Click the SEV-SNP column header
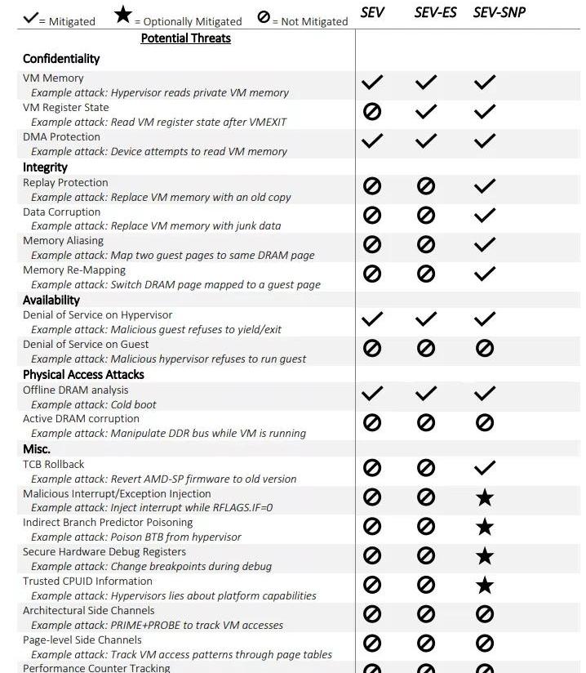pyautogui.click(x=499, y=12)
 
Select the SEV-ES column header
pyautogui.click(x=435, y=12)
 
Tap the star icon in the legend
pyautogui.click(x=123, y=15)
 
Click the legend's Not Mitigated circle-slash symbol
pyautogui.click(x=263, y=16)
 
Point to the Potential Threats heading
pyautogui.click(x=185, y=38)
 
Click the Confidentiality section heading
pyautogui.click(x=61, y=59)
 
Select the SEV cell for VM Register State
pyautogui.click(x=371, y=112)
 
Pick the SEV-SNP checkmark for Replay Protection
pyautogui.click(x=485, y=186)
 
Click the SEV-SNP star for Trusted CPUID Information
pyautogui.click(x=485, y=585)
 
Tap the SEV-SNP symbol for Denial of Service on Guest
pyautogui.click(x=485, y=348)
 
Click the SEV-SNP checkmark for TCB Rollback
pyautogui.click(x=485, y=468)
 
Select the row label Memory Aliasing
pyautogui.click(x=63, y=241)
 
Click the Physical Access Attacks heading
pyautogui.click(x=83, y=374)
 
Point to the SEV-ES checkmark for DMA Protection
pyautogui.click(x=425, y=140)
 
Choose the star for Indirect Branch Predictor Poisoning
pyautogui.click(x=485, y=527)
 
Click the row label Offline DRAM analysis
pyautogui.click(x=75, y=390)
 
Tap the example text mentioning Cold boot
pyautogui.click(x=94, y=404)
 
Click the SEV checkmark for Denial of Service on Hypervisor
pyautogui.click(x=371, y=319)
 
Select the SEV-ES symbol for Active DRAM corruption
pyautogui.click(x=425, y=422)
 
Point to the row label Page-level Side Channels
pyautogui.click(x=82, y=640)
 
